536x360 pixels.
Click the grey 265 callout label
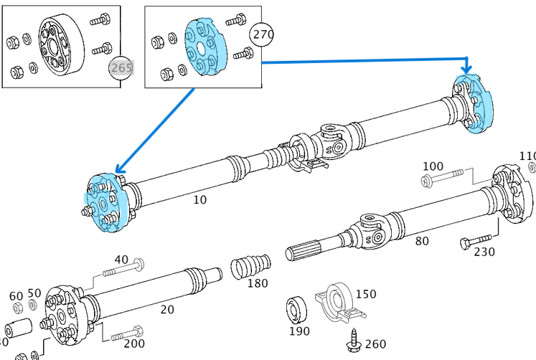(121, 68)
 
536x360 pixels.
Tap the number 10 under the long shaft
(199, 200)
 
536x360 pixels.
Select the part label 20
(166, 309)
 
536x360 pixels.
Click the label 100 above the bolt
(433, 166)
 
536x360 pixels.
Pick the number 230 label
(484, 252)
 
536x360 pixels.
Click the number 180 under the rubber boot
(258, 283)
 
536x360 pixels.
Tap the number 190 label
(298, 331)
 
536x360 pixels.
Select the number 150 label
(366, 294)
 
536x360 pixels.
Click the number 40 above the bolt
(121, 259)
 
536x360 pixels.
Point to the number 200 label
(134, 344)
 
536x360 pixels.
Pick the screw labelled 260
(355, 341)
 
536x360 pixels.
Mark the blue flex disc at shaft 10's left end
(105, 204)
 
